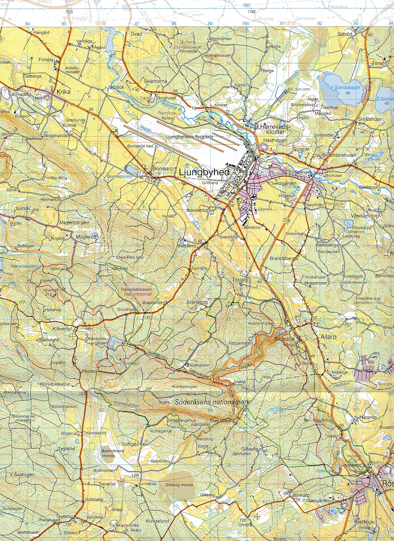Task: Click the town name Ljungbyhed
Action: coord(204,172)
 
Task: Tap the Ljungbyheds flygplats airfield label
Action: coord(189,137)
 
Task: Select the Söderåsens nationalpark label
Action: coord(212,402)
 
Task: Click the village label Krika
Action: coord(64,92)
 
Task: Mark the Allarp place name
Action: coord(328,337)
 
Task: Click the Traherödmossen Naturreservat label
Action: coord(136,292)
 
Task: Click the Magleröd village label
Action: coord(87,237)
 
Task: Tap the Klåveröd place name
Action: coord(62,329)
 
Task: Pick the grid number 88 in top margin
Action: coord(174,23)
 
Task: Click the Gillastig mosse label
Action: coord(179,485)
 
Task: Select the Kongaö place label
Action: coord(129,444)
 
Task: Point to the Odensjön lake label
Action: coord(324,471)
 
